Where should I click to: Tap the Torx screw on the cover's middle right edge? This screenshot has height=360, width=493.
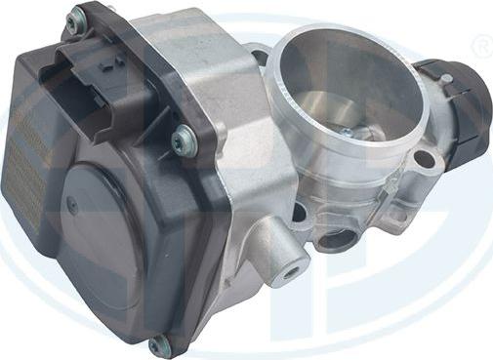pyautogui.click(x=181, y=140)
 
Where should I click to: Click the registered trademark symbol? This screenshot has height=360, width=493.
pyautogui.click(x=481, y=46)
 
